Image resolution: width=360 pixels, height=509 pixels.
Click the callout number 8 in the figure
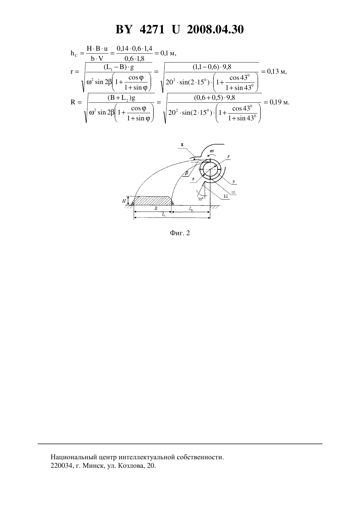click(x=182, y=145)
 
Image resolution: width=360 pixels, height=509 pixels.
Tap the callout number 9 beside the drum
click(x=233, y=182)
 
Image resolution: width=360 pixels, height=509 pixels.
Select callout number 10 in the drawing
click(x=233, y=192)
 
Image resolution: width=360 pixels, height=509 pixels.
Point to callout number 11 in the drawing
click(x=226, y=196)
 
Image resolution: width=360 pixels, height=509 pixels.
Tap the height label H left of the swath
click(x=124, y=201)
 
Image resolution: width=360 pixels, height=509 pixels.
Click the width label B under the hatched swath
click(x=156, y=208)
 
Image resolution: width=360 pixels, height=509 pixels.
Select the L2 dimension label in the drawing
click(x=191, y=208)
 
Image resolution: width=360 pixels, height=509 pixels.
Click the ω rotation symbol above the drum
click(x=212, y=151)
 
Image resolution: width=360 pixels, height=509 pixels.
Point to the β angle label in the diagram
click(x=187, y=173)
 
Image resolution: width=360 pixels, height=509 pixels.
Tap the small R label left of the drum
click(x=193, y=179)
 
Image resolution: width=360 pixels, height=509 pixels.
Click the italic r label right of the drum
click(x=228, y=157)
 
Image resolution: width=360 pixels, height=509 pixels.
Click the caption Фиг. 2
click(x=180, y=233)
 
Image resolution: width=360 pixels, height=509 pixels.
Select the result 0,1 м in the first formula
click(x=169, y=53)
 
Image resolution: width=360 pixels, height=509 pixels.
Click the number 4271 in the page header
click(x=152, y=29)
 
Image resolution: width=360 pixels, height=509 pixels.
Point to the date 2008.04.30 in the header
click(x=215, y=29)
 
